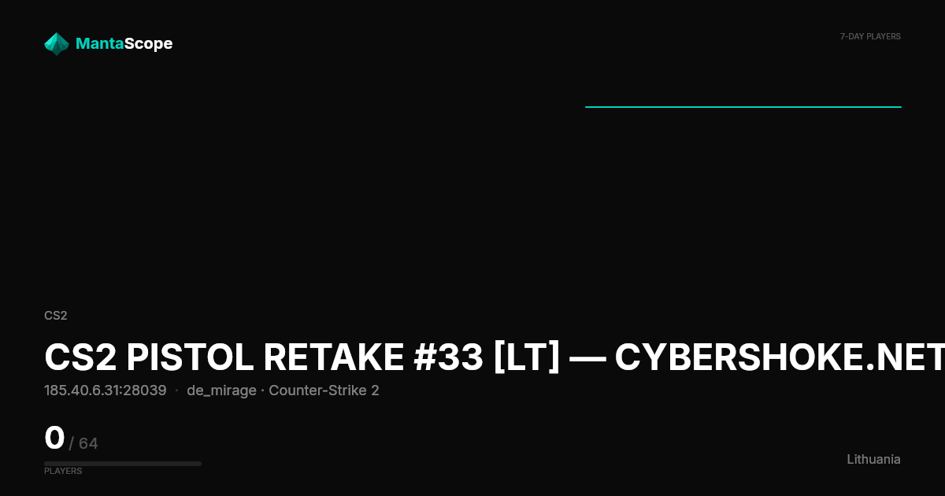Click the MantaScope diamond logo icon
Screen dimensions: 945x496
[57, 44]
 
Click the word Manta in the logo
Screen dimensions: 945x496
[99, 43]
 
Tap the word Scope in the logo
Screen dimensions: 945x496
[149, 44]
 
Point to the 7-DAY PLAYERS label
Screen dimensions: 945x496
[870, 37]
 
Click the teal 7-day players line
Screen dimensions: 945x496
[743, 107]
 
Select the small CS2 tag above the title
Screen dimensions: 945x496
[56, 316]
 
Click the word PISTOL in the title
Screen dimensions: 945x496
[190, 357]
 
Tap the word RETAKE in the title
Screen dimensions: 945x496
[333, 357]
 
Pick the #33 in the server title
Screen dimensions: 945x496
[448, 357]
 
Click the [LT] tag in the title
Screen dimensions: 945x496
[527, 357]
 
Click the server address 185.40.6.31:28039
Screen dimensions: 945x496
[106, 391]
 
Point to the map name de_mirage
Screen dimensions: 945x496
[221, 391]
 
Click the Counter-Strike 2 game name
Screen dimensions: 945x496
[324, 391]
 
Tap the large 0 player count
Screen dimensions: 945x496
[54, 438]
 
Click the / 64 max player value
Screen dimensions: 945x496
[83, 443]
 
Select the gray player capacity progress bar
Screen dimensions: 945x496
[123, 464]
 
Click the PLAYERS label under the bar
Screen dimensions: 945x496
[63, 471]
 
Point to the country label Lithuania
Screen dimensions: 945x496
[873, 459]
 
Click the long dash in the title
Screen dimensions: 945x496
[587, 358]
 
